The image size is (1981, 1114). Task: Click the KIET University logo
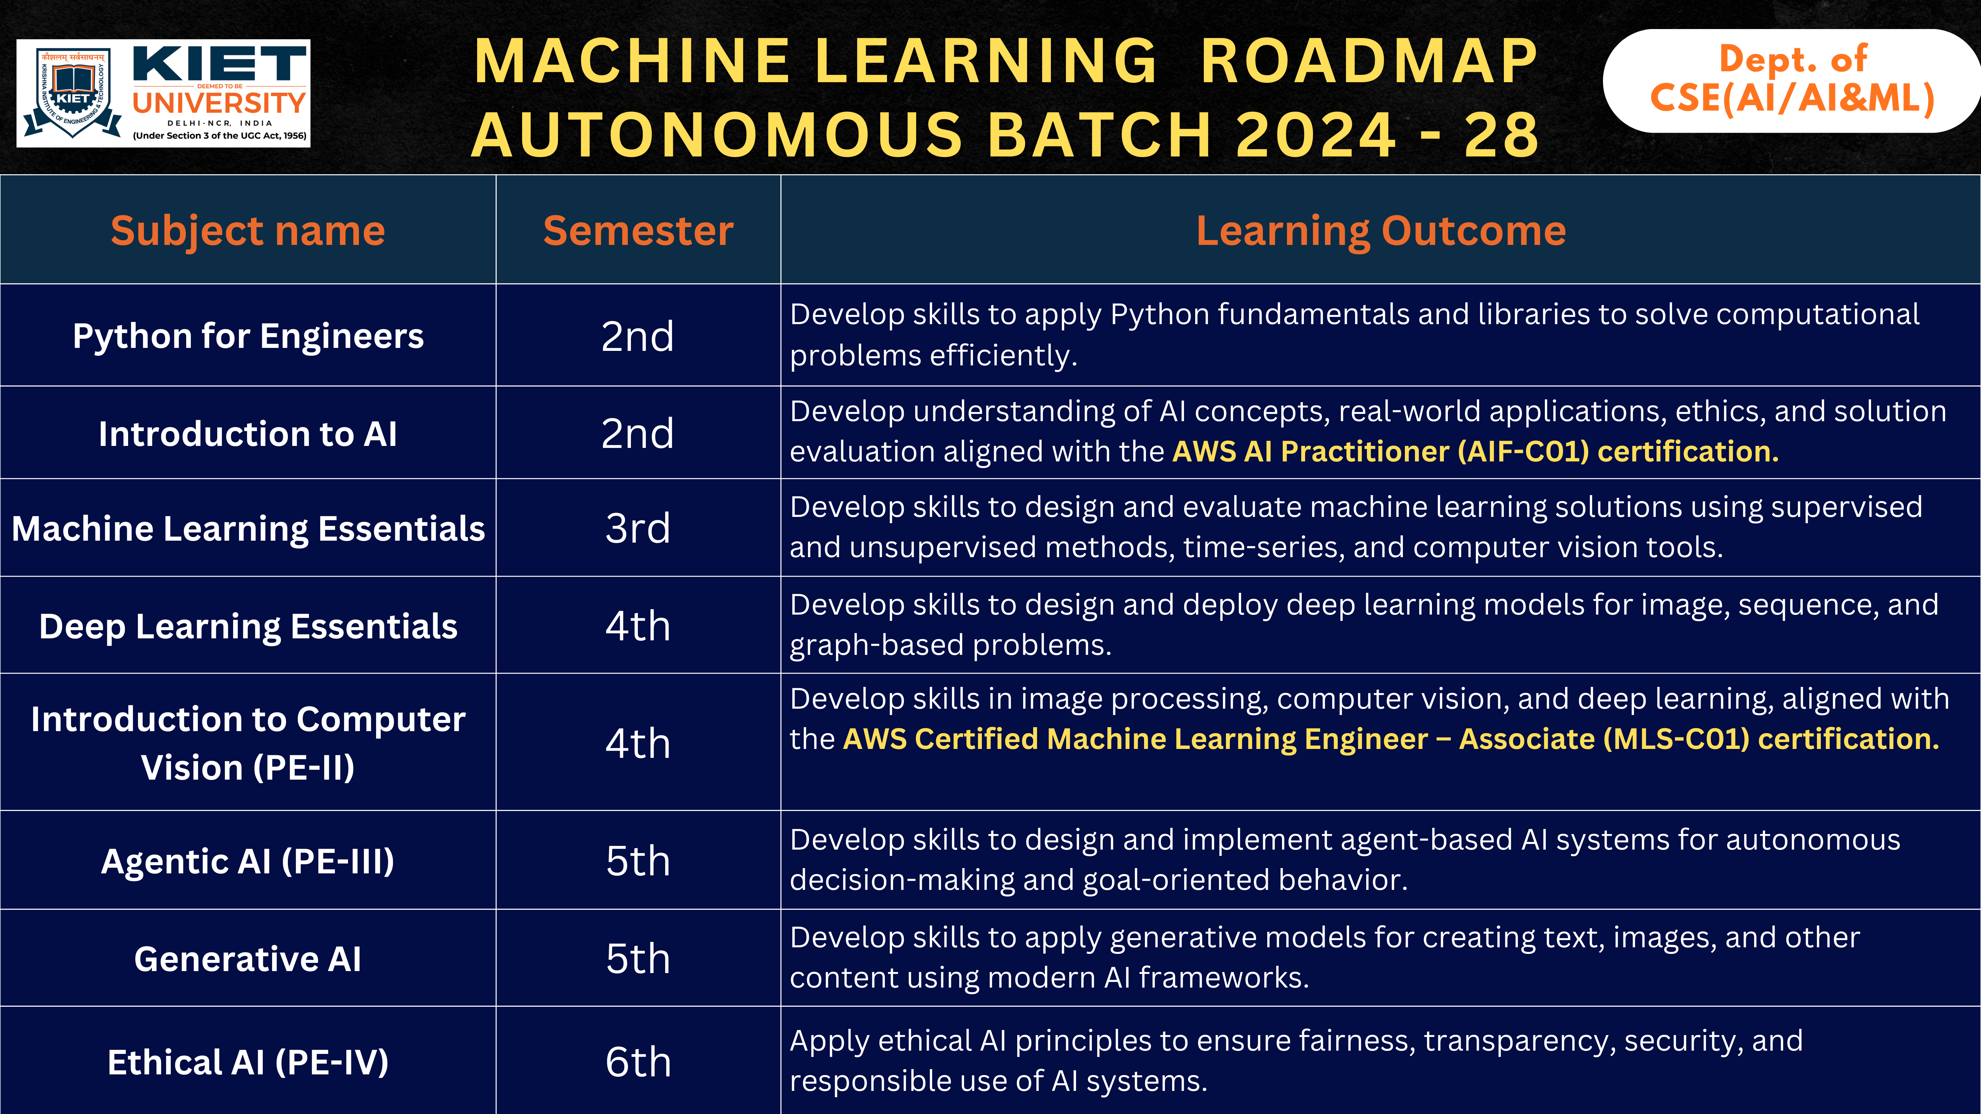(163, 93)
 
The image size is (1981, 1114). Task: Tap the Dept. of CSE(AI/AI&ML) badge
(1792, 80)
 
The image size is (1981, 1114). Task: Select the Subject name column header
(248, 231)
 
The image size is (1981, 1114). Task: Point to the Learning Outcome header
(1380, 231)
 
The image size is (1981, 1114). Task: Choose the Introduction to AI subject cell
(248, 434)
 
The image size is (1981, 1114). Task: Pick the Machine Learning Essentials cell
(248, 528)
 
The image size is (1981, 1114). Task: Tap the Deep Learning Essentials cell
(248, 626)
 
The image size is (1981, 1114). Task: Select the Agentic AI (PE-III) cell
(248, 861)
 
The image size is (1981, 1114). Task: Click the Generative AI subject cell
(248, 959)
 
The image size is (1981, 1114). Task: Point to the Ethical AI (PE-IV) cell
(248, 1062)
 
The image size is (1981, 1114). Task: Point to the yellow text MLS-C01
(1677, 739)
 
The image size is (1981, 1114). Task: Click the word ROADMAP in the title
(1369, 61)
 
